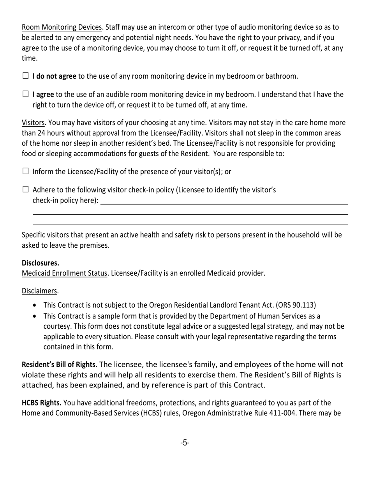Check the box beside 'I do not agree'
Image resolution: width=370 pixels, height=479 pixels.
[x=26, y=76]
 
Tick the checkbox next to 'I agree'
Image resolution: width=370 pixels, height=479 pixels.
[x=26, y=94]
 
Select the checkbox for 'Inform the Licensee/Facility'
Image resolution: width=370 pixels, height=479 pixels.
[x=26, y=171]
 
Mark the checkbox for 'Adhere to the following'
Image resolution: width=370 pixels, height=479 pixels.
[x=26, y=190]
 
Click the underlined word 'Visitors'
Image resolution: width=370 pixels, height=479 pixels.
[x=33, y=123]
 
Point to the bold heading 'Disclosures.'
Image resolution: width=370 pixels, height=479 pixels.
[x=41, y=263]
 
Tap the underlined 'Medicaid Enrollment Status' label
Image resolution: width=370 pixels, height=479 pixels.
[x=64, y=273]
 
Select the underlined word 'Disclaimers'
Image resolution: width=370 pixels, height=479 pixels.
[x=39, y=291]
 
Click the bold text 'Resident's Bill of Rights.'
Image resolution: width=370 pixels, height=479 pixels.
[x=59, y=365]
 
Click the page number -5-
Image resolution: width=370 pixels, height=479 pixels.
[x=185, y=442]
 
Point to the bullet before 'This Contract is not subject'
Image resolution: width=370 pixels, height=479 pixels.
[x=36, y=305]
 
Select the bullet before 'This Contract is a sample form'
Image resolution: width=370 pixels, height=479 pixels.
[x=36, y=316]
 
